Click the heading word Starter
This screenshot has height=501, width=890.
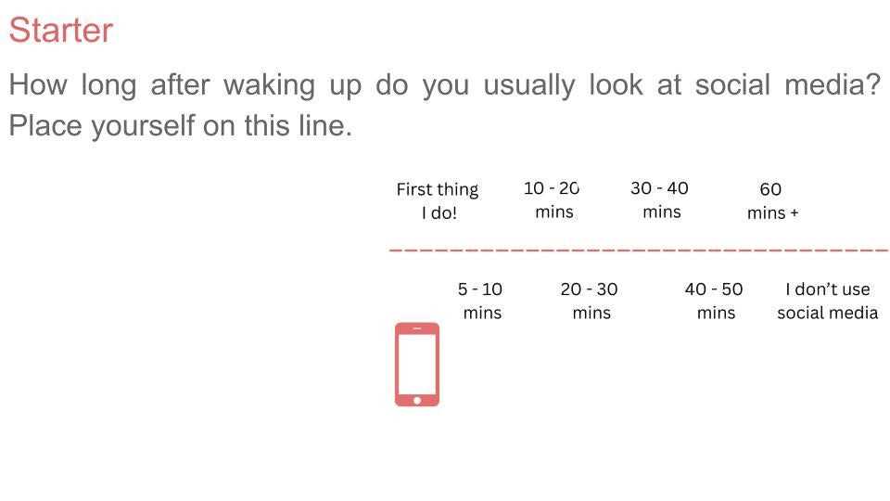[x=60, y=31]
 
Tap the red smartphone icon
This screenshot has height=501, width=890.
[x=417, y=365]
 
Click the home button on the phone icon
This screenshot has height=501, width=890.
[x=417, y=400]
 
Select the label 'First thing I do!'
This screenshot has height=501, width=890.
[x=438, y=200]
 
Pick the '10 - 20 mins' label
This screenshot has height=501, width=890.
[x=553, y=199]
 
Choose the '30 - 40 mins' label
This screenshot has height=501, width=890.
[x=660, y=199]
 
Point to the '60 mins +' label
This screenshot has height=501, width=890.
[x=771, y=200]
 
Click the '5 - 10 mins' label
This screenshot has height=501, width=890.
[x=481, y=301]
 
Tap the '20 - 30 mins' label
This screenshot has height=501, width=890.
[x=590, y=301]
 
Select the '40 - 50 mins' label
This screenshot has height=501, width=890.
[x=715, y=301]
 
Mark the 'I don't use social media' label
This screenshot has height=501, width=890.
[x=827, y=301]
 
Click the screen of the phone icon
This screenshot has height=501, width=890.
[x=417, y=362]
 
